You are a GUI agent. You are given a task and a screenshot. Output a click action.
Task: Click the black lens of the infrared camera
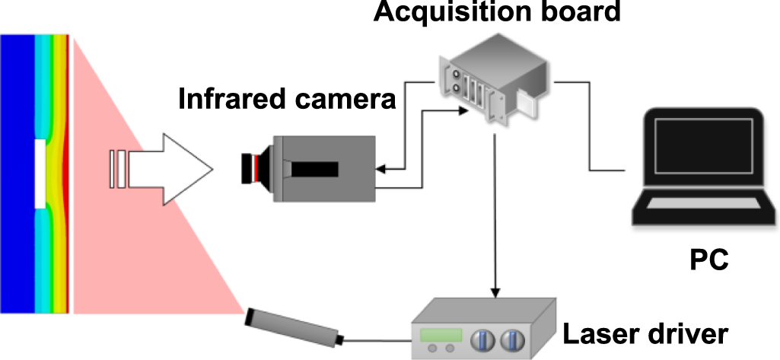pos(250,168)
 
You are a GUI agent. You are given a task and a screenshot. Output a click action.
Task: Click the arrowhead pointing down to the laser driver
pos(496,293)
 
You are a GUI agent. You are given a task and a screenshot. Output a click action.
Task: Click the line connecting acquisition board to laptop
pos(590,129)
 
